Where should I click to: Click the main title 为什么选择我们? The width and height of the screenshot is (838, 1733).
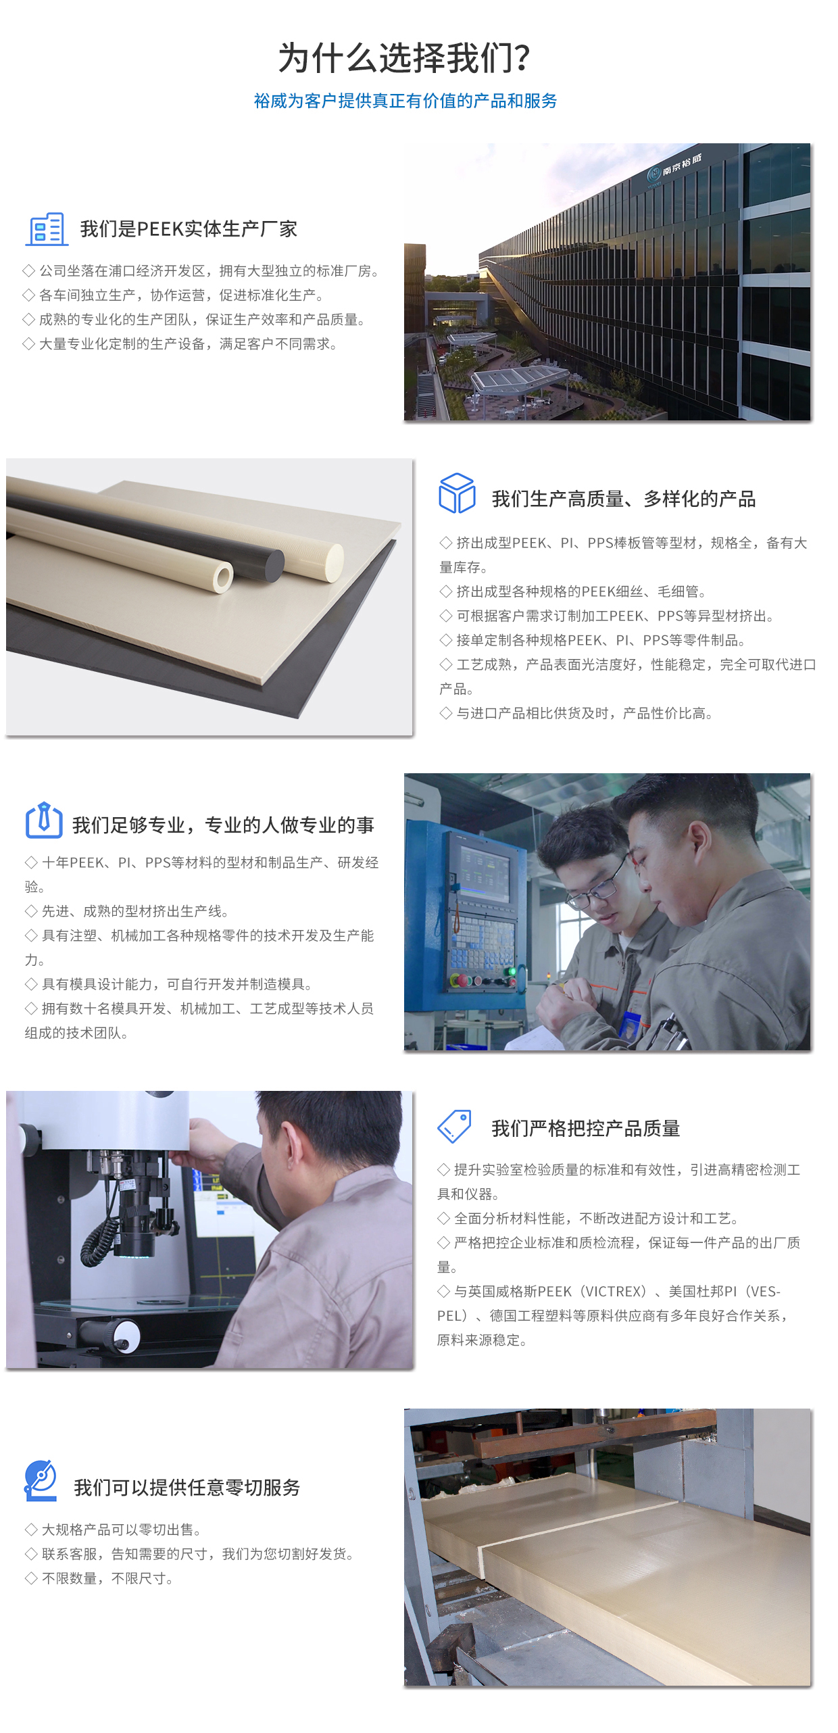[x=404, y=58]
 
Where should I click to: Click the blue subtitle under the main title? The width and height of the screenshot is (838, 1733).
[x=405, y=101]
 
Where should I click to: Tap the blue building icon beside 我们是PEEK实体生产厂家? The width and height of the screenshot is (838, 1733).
[x=47, y=229]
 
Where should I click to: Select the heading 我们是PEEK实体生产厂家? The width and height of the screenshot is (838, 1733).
[x=189, y=229]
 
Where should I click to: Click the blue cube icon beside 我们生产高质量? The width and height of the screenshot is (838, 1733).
[x=458, y=493]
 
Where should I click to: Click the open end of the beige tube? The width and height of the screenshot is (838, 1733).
[x=222, y=577]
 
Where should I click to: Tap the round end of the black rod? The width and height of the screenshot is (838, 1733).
[x=274, y=565]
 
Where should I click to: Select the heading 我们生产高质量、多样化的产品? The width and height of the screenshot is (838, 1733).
[x=624, y=499]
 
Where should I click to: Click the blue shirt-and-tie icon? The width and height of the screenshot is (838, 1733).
[x=44, y=821]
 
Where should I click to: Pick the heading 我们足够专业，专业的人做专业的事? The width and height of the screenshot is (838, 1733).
[x=223, y=825]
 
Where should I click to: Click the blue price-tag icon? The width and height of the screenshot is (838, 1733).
[x=455, y=1127]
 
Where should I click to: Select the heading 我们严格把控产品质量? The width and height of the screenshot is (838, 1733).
[x=586, y=1128]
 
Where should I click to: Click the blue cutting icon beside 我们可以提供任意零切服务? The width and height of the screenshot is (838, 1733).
[x=41, y=1480]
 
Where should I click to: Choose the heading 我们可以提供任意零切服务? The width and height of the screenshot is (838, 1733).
[x=187, y=1487]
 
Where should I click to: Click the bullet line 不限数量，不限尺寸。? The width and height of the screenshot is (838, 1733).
[x=101, y=1578]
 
